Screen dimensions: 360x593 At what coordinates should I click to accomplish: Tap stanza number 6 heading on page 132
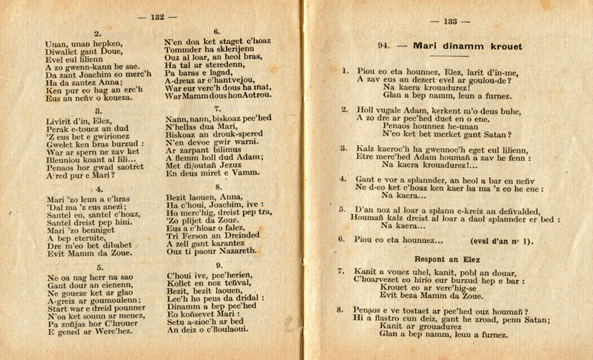click(x=217, y=32)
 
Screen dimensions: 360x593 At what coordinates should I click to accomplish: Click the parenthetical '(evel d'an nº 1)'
click(x=502, y=241)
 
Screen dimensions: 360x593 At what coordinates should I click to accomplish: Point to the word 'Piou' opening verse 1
click(x=368, y=72)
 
